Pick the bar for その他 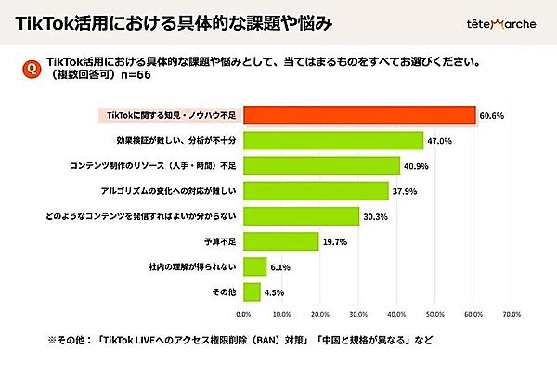point(251,291)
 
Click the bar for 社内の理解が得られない point(253,266)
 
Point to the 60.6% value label point(491,116)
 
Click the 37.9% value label point(404,191)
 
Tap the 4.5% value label point(275,291)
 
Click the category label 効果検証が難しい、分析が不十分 point(175,141)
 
